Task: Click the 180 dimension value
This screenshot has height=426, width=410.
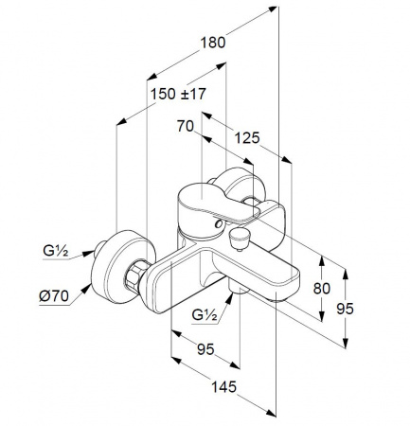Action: tap(213, 43)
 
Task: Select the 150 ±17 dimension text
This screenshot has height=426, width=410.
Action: tap(178, 94)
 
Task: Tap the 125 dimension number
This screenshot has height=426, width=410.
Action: tap(247, 138)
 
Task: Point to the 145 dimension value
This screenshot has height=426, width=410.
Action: tap(223, 387)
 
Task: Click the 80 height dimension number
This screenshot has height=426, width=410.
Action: tap(322, 289)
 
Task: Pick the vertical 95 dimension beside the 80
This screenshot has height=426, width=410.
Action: tap(345, 309)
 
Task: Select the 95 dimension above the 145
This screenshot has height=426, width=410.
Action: tap(205, 349)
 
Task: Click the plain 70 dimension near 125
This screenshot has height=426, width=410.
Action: tap(186, 126)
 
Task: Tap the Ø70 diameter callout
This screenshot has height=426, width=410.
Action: tap(54, 296)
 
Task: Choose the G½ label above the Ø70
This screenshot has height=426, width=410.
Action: tap(56, 251)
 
